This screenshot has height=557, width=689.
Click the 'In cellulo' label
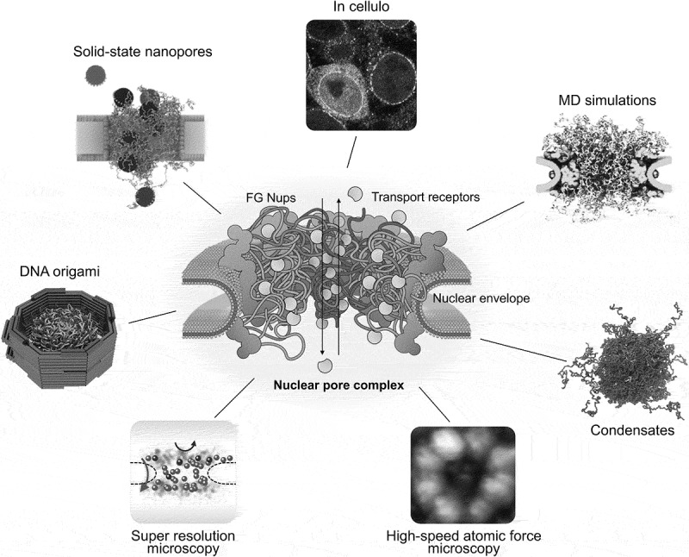pyautogui.click(x=361, y=9)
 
